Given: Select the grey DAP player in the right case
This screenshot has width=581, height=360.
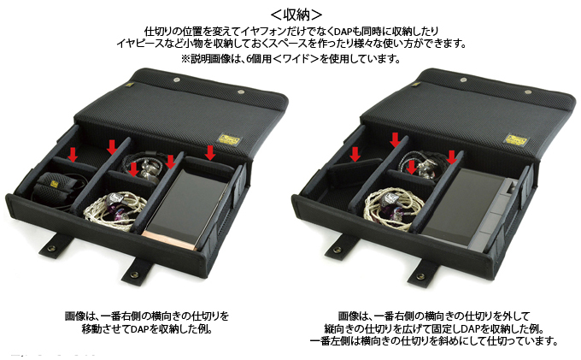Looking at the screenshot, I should tap(483, 206).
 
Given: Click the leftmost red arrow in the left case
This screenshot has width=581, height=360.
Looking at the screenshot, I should tap(73, 155).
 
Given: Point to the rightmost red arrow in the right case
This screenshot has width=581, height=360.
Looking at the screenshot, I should tap(449, 157).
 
